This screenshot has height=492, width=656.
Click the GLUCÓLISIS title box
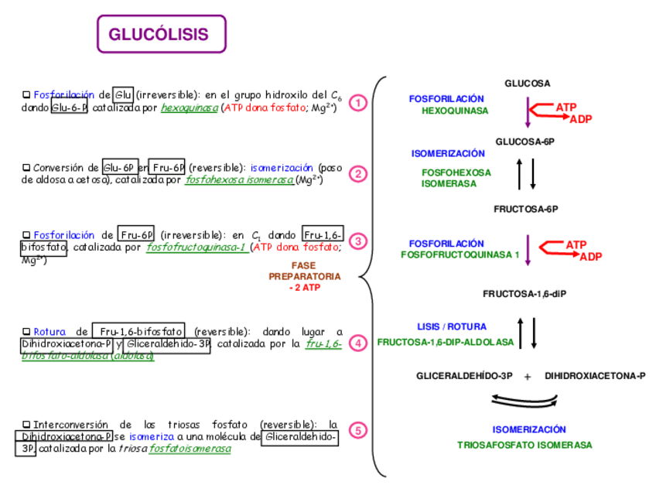point(161,35)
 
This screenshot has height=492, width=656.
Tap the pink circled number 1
point(357,103)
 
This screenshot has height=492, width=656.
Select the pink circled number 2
point(357,174)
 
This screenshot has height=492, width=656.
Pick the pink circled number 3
point(357,241)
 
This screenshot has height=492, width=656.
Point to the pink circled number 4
point(357,343)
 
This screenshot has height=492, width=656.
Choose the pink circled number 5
point(357,431)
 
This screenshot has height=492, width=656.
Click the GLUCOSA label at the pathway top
point(528,84)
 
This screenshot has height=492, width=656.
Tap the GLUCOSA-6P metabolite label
point(525,142)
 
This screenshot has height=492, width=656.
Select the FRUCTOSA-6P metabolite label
point(526,209)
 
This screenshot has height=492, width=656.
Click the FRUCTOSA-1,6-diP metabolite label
point(525,293)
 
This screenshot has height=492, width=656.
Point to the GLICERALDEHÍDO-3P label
point(464,376)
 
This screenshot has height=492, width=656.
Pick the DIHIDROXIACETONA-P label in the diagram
point(594,376)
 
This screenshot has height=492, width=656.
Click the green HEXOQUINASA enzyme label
point(455,111)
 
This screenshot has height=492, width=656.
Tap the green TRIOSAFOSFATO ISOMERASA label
point(524,445)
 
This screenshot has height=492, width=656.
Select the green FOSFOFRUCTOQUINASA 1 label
point(460,255)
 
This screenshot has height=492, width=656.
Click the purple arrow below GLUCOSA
point(528,113)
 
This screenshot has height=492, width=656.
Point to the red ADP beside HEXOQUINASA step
point(580,119)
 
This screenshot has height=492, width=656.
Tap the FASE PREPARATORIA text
point(303,275)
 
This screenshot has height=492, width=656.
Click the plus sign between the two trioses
point(528,377)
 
